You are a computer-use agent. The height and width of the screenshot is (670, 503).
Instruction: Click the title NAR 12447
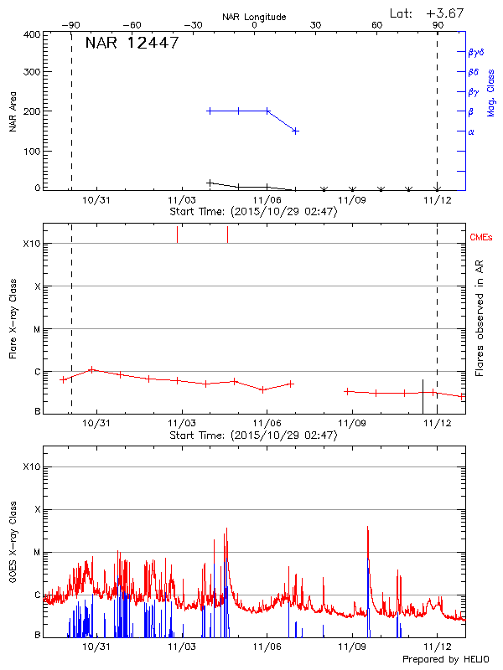[x=132, y=44]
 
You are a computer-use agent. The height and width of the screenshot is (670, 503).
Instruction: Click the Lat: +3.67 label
[x=428, y=13]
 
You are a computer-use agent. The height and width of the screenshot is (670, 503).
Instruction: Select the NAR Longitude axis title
[x=255, y=17]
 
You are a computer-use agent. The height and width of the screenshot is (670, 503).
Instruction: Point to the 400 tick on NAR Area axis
[x=30, y=34]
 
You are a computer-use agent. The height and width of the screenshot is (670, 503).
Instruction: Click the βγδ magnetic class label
[x=476, y=52]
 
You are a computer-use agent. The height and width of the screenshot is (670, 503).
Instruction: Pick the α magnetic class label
[x=471, y=131]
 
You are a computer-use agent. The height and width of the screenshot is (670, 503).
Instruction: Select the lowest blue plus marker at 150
[x=295, y=131]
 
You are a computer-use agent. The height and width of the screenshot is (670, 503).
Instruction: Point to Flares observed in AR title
[x=480, y=318]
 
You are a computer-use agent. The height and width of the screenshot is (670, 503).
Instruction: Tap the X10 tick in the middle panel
[x=31, y=244]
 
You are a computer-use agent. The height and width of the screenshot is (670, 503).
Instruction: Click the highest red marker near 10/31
[x=91, y=369]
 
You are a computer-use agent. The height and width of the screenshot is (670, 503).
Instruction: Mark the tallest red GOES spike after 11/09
[x=367, y=527]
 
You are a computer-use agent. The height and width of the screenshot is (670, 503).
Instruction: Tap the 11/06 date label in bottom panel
[x=267, y=647]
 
